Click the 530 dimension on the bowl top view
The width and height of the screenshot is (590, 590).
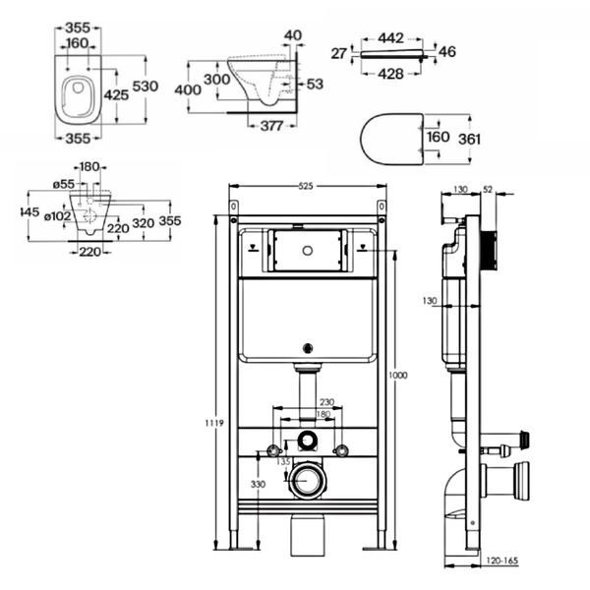(146, 87)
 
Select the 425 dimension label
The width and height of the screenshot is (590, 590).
(116, 95)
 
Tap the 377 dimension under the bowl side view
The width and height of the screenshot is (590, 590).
(271, 126)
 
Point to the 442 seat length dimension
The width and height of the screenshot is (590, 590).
(391, 38)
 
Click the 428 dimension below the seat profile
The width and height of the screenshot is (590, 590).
(391, 74)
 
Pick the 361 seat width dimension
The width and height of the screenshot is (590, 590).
(470, 140)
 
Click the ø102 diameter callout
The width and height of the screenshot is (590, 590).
(58, 216)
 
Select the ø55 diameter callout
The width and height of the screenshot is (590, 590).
(64, 184)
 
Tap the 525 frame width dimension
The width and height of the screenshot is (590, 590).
(306, 186)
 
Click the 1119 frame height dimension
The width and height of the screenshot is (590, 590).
(214, 423)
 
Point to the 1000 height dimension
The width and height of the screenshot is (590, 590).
(398, 376)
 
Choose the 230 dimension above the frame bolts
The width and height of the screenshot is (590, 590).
(327, 402)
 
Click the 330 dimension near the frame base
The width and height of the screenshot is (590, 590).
(258, 484)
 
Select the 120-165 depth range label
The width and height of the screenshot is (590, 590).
(502, 561)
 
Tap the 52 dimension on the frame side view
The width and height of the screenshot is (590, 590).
(488, 190)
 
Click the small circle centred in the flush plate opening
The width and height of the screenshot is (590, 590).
(308, 250)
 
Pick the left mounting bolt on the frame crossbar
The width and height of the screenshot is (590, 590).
(272, 450)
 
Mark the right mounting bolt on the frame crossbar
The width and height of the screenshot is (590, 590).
(341, 450)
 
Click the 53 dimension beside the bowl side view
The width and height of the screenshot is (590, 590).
(315, 84)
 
